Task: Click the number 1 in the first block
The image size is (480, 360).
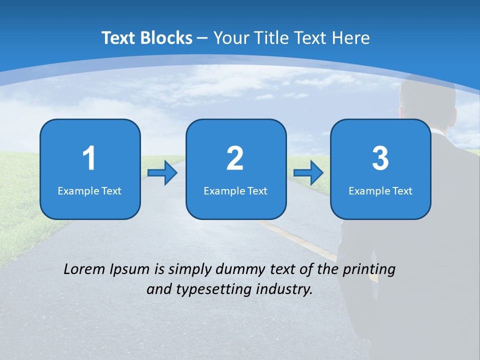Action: click(89, 158)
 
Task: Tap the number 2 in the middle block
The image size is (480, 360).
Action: click(235, 158)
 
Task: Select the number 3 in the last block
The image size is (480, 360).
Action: click(380, 158)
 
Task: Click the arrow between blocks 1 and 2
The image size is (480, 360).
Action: click(162, 173)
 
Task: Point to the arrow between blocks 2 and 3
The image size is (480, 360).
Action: click(308, 173)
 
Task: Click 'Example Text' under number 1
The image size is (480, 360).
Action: click(89, 191)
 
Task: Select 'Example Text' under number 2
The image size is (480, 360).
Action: click(235, 191)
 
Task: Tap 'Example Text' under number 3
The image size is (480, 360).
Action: click(380, 191)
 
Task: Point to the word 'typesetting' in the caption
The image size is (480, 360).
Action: click(209, 289)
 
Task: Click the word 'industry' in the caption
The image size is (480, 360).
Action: click(284, 289)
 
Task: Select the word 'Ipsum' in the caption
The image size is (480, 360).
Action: click(129, 270)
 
